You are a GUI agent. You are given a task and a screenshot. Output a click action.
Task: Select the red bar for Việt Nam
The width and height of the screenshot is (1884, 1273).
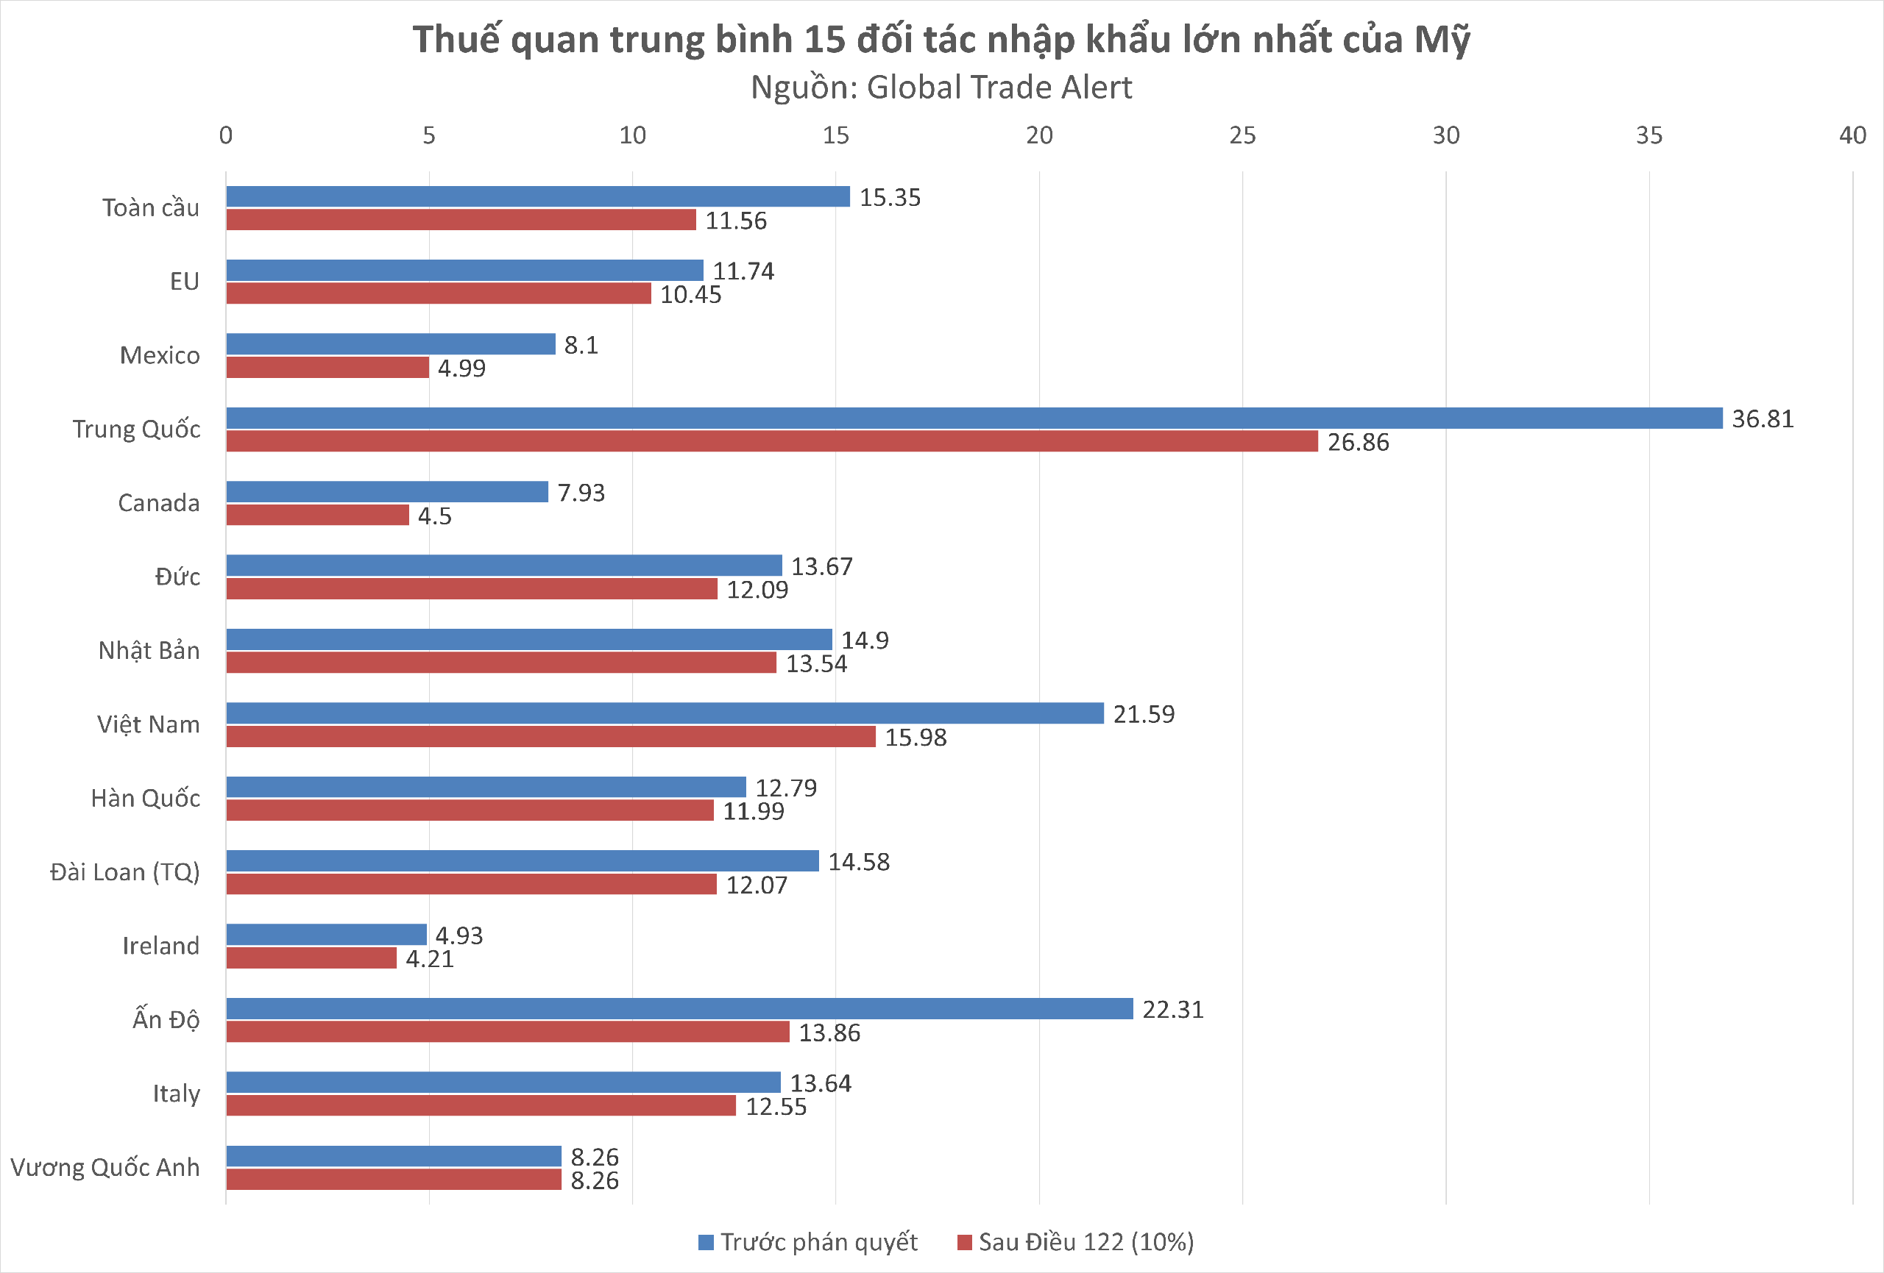550,737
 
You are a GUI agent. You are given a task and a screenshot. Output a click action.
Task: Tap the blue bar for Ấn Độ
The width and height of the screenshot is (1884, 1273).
679,1009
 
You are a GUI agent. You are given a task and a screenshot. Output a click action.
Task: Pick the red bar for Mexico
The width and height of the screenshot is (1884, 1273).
327,368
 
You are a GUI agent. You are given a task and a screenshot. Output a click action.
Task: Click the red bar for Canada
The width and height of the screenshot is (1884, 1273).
317,516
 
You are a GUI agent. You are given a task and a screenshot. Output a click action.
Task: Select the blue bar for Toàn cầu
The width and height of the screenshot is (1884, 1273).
537,197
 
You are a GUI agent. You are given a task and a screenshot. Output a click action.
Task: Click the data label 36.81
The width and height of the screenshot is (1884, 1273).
1763,419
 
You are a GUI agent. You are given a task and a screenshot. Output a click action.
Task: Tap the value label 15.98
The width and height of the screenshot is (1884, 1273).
916,738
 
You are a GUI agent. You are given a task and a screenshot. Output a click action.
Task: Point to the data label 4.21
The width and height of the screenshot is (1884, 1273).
430,958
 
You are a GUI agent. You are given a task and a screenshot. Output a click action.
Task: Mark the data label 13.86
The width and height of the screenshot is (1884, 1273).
829,1033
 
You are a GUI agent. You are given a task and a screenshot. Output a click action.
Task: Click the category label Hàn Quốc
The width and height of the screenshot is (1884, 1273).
145,798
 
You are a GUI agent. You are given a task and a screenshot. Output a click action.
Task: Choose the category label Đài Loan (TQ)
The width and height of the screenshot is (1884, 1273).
125,872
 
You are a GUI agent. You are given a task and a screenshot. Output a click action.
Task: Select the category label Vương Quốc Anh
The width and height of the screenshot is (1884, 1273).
105,1168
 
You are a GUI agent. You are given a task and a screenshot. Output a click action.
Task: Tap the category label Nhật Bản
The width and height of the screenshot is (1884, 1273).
149,651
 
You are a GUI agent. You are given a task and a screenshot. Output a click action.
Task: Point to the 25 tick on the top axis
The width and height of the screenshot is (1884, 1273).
1242,135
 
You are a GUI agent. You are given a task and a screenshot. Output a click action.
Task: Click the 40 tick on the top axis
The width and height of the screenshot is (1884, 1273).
1852,135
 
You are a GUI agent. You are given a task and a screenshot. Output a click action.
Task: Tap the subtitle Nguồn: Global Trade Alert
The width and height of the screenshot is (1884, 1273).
941,88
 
